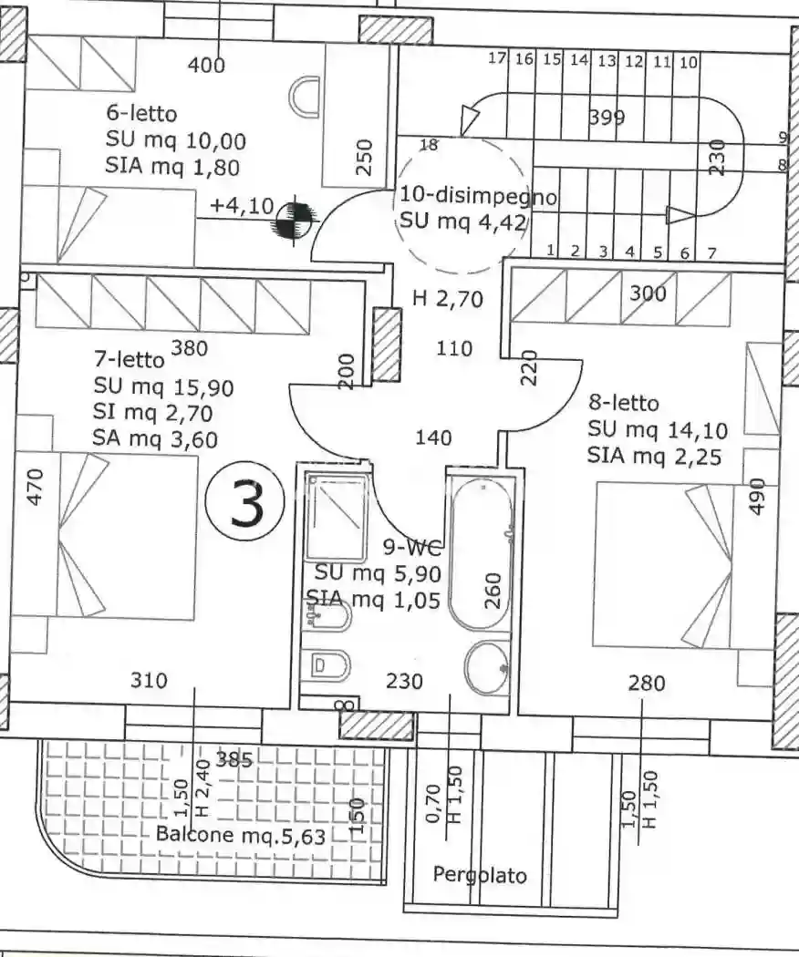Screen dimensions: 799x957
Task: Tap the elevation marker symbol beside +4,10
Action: tap(295, 221)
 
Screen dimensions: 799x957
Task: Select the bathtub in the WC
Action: tap(480, 554)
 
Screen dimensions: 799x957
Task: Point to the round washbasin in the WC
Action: tap(486, 667)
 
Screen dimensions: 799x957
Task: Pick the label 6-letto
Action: tap(141, 114)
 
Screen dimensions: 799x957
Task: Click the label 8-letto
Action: tap(624, 403)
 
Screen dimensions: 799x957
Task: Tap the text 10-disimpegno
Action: tap(478, 197)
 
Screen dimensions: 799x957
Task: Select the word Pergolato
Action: tap(480, 875)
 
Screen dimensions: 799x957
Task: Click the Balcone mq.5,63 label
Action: tap(241, 834)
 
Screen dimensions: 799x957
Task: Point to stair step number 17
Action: tap(498, 58)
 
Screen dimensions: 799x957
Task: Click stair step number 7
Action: tap(711, 252)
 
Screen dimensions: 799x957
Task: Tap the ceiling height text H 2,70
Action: tap(448, 298)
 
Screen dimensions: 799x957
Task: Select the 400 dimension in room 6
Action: tap(206, 64)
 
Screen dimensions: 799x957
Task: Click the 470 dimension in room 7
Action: tap(36, 487)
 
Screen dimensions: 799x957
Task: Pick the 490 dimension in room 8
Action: tap(756, 496)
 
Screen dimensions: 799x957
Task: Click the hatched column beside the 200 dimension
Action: tap(387, 345)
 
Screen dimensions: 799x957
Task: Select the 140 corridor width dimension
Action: tap(433, 437)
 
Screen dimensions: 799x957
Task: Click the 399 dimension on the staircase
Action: tap(607, 117)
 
